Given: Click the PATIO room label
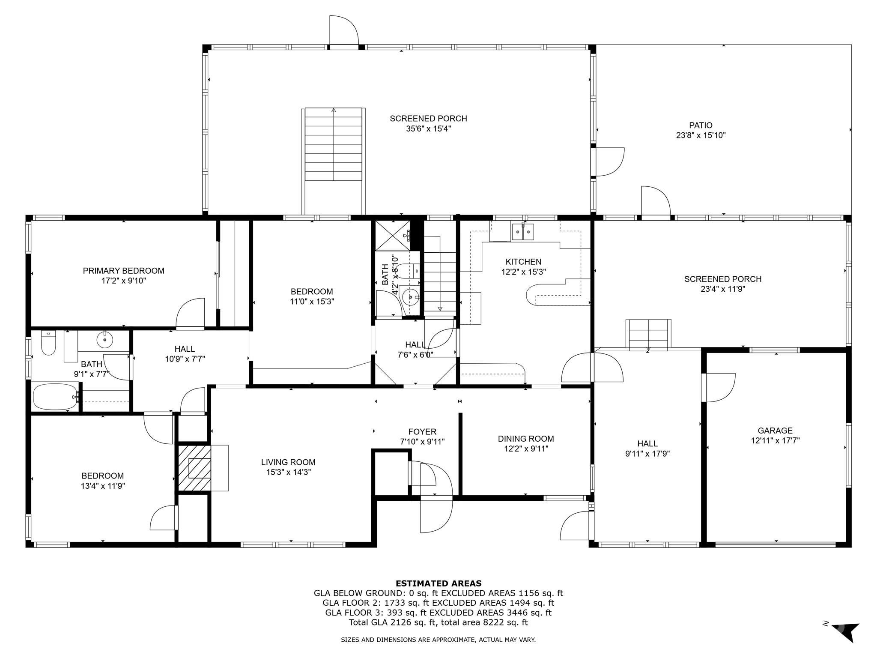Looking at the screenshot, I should click(x=701, y=126).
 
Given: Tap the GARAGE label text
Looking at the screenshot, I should click(x=775, y=431).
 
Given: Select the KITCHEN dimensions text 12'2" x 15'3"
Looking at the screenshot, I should click(x=523, y=272).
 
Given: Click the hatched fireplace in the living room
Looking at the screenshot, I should click(x=194, y=468).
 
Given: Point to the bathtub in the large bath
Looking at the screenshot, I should click(x=55, y=397).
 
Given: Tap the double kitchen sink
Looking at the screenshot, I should click(x=523, y=232).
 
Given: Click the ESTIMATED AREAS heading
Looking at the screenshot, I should click(x=438, y=583).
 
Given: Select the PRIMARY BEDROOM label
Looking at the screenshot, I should click(x=123, y=271).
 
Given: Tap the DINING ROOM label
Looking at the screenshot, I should click(x=525, y=439).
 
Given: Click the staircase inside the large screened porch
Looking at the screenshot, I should click(x=334, y=146).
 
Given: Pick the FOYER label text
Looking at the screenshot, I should click(x=422, y=432).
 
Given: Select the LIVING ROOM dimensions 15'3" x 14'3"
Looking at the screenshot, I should click(x=288, y=472).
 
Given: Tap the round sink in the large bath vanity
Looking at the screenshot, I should click(x=104, y=340).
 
